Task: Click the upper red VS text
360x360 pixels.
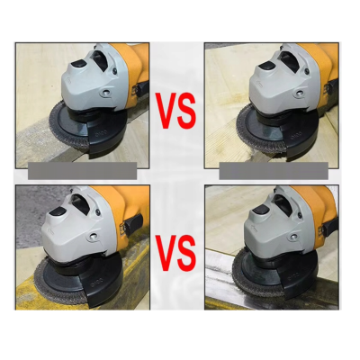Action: point(177,110)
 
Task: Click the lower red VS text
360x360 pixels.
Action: point(177,252)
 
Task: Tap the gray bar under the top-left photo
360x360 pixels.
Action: point(83,170)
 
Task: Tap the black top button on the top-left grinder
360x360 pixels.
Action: point(87,62)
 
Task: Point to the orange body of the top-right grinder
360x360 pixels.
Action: point(328,67)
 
